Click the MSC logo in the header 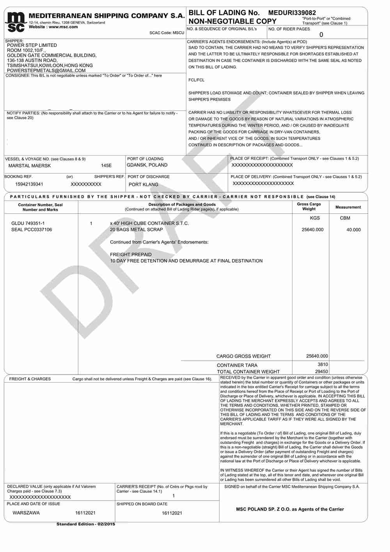16,22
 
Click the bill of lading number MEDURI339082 292,13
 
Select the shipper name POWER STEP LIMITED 32,45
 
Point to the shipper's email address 46,71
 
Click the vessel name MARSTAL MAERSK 30,166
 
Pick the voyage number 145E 106,166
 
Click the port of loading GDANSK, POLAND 147,165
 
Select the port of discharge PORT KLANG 144,185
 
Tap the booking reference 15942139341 29,184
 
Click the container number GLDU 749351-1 28,224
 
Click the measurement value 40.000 353,230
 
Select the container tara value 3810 323,365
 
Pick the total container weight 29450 321,372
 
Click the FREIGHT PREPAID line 131,255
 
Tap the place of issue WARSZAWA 26,513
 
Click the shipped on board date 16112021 172,513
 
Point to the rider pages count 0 321,35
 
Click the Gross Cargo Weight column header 309,206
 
